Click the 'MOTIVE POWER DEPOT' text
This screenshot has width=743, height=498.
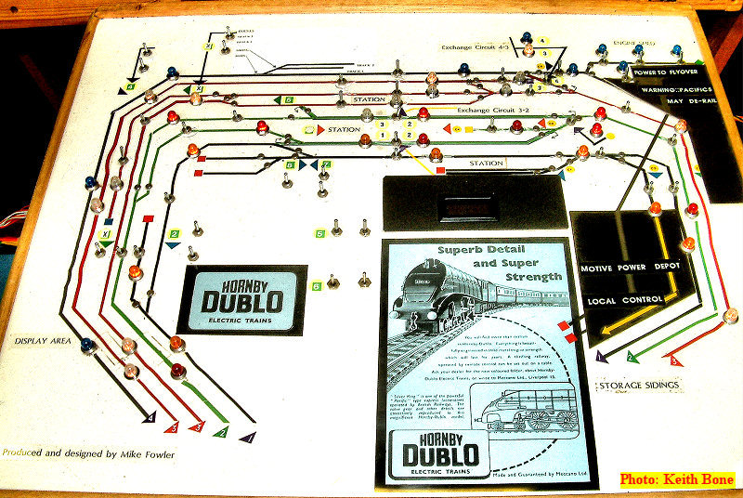(631, 269)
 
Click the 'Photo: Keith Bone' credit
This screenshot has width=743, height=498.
(677, 479)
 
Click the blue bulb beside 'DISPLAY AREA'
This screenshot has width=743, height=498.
(87, 346)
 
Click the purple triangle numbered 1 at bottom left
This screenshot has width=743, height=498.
(246, 434)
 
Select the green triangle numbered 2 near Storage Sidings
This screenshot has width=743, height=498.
(631, 356)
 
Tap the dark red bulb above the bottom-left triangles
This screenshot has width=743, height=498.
(177, 372)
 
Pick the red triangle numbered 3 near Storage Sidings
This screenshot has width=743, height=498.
(676, 360)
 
